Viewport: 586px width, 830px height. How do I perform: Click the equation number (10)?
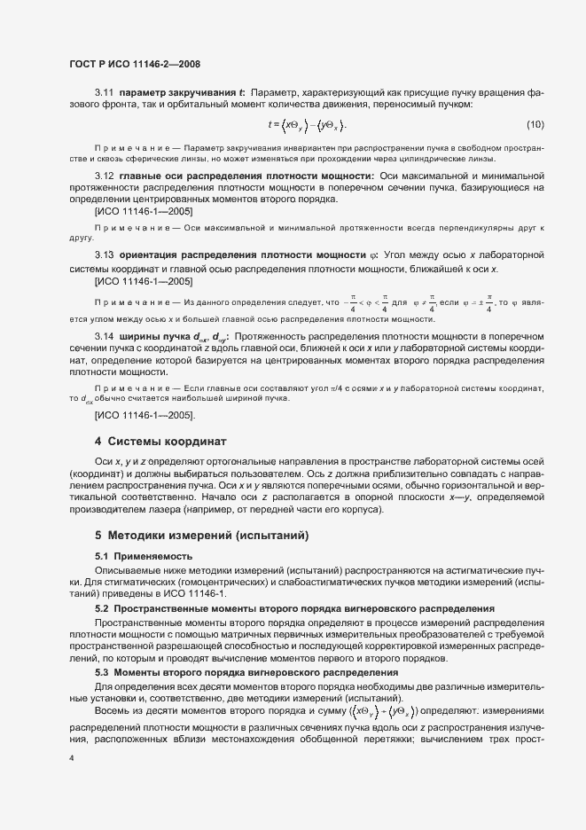(535, 123)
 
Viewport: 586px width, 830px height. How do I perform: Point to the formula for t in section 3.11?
(307, 124)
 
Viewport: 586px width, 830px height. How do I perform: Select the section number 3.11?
(105, 92)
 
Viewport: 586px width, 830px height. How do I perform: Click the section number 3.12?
(105, 177)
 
